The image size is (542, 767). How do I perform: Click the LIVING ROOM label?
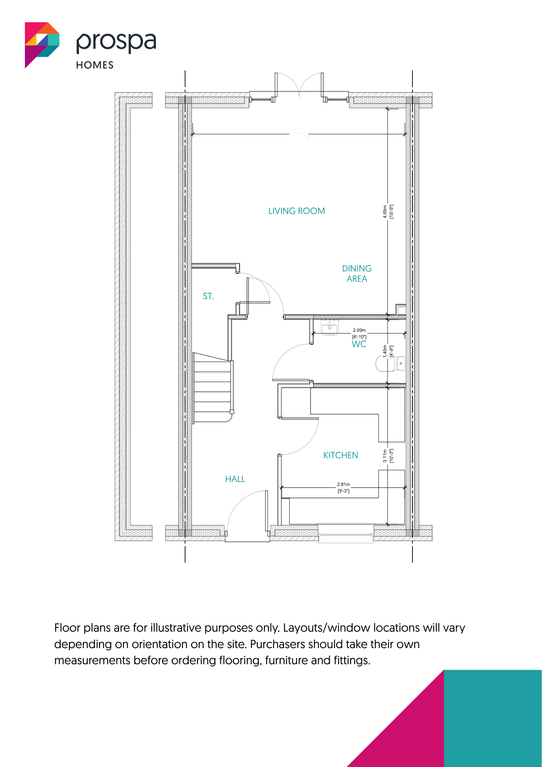tap(297, 211)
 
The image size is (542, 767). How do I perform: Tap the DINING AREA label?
tap(357, 273)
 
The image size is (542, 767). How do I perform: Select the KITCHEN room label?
tap(341, 455)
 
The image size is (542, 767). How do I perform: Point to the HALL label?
tap(235, 479)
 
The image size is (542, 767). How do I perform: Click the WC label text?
tap(359, 344)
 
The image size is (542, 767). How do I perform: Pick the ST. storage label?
tap(209, 296)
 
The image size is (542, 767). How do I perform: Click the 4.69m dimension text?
tap(385, 212)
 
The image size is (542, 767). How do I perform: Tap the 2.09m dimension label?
tap(359, 330)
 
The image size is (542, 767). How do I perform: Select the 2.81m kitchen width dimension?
tap(343, 484)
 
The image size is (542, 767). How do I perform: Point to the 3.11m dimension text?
tap(385, 456)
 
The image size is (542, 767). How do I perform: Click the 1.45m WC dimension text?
tap(385, 351)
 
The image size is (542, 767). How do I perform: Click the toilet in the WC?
tap(390, 364)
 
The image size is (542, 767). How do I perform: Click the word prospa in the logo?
tap(116, 42)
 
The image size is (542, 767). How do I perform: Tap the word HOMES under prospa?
tap(95, 65)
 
